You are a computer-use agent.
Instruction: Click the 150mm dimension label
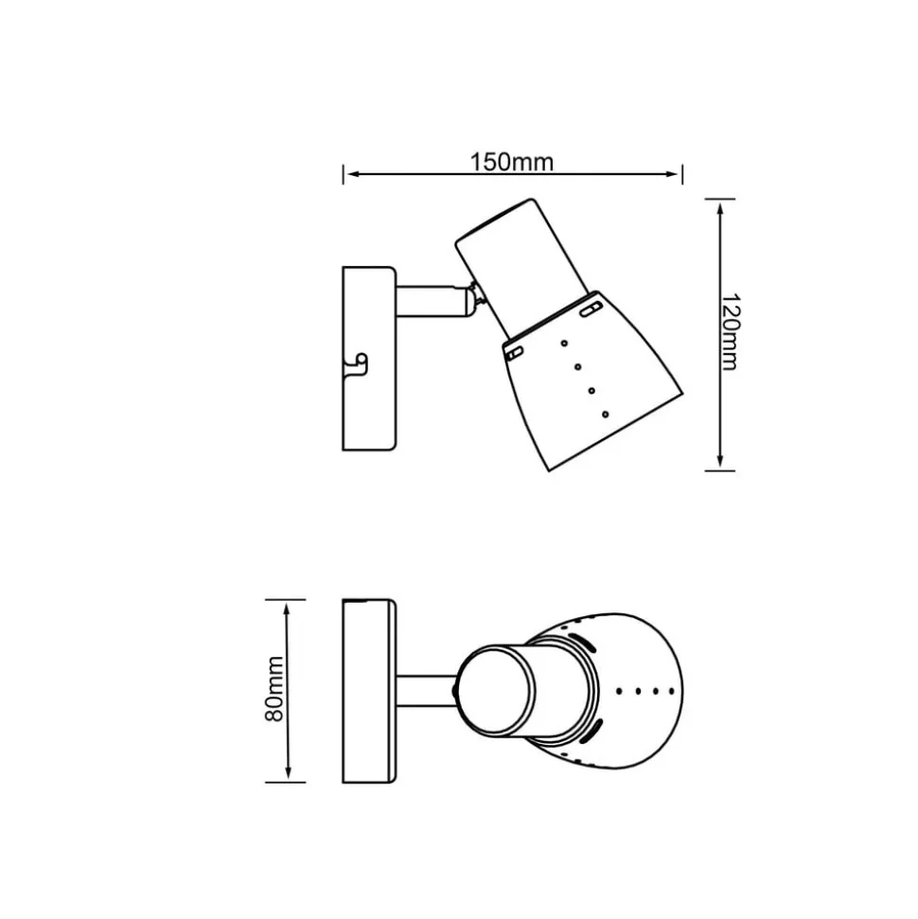click(512, 161)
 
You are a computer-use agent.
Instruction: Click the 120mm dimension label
click(730, 332)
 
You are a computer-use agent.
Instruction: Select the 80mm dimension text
click(275, 690)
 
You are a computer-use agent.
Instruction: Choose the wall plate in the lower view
click(368, 691)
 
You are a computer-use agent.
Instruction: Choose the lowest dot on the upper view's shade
click(604, 414)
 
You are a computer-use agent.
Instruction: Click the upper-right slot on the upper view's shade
click(590, 309)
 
